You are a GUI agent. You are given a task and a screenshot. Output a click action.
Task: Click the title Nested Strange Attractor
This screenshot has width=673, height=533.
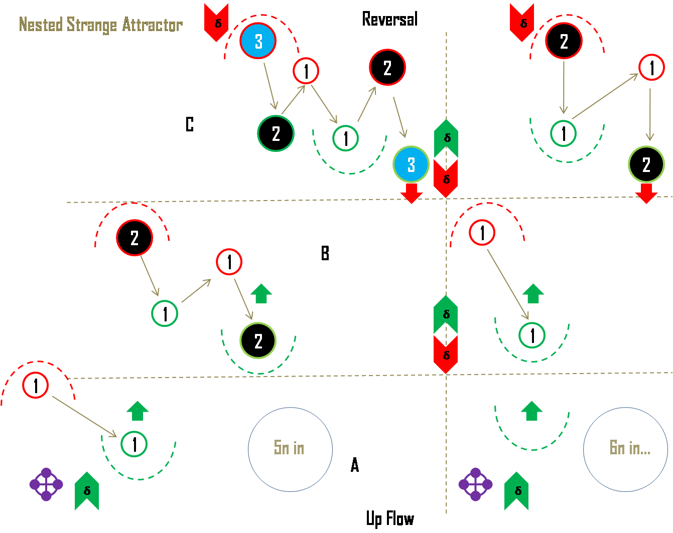[x=100, y=25]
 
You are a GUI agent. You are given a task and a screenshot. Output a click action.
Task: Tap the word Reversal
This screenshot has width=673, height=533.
[x=389, y=20]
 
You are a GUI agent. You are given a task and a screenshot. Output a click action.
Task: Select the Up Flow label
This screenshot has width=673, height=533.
[x=389, y=518]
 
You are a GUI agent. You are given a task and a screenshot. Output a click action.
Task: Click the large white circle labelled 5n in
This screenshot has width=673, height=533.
[x=290, y=449]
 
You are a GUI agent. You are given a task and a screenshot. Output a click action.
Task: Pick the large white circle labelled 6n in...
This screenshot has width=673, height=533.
[x=625, y=449]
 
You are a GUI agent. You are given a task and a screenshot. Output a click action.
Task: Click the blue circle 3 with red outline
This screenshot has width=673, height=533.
[x=258, y=41]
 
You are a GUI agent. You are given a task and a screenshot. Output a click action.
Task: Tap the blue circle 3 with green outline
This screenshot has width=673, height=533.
[x=411, y=164]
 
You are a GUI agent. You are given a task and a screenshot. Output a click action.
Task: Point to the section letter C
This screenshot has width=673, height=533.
[x=190, y=124]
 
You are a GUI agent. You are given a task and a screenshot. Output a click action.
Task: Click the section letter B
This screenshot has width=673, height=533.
[x=325, y=253]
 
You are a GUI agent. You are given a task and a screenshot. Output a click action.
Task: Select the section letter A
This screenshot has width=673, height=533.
[x=355, y=465]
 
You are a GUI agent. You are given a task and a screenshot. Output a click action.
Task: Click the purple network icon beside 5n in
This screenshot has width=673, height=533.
[x=46, y=484]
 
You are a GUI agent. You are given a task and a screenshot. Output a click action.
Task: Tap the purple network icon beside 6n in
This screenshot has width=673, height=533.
[x=475, y=484]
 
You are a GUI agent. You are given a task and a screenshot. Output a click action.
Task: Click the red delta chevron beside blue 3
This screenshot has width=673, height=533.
[x=217, y=22]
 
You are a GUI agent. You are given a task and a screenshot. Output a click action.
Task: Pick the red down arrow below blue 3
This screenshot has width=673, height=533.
[x=412, y=193]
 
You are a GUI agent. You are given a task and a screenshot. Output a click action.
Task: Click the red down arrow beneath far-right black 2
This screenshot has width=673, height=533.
[x=646, y=193]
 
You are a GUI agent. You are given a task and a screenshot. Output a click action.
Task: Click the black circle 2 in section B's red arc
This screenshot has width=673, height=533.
[x=134, y=238]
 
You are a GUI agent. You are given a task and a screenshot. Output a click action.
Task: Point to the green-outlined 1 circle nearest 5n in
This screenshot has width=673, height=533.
[x=134, y=444]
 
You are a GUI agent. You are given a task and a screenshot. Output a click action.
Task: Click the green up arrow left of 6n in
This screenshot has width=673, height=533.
[x=532, y=411]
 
